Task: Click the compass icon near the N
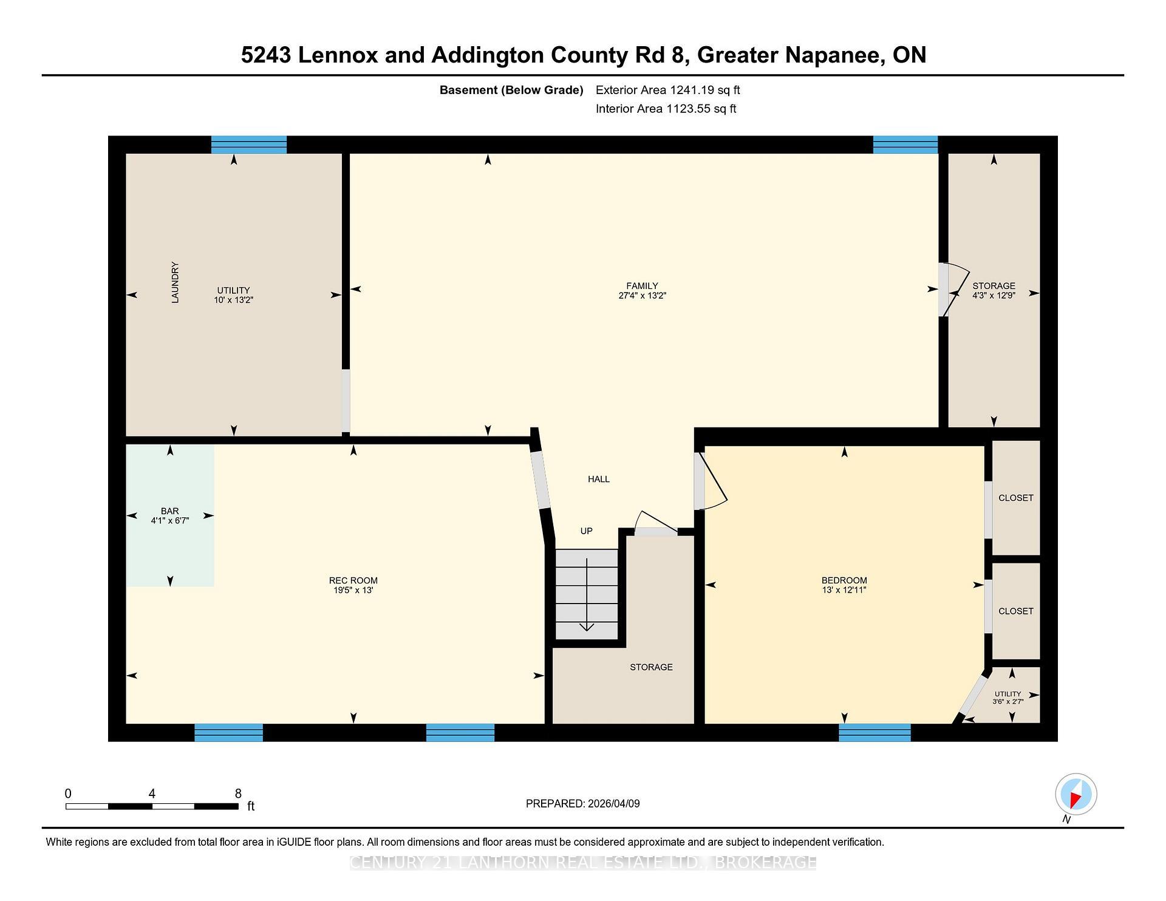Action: [x=1076, y=794]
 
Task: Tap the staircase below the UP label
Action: [x=587, y=594]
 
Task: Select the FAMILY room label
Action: [x=642, y=286]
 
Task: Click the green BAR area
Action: [x=170, y=515]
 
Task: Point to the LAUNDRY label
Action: [x=175, y=282]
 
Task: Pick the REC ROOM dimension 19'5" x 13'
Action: [x=353, y=590]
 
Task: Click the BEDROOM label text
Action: [x=844, y=580]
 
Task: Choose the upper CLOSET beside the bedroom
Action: [x=1015, y=498]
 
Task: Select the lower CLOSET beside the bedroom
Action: [x=1015, y=611]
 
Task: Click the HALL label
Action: [x=598, y=479]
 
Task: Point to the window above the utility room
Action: [x=249, y=145]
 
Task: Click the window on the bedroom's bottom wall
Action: [x=874, y=733]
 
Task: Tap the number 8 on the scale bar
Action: [x=238, y=794]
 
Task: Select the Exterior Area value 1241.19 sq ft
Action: [x=704, y=90]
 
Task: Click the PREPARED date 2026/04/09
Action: [x=613, y=804]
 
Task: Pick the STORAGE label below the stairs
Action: [x=651, y=667]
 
